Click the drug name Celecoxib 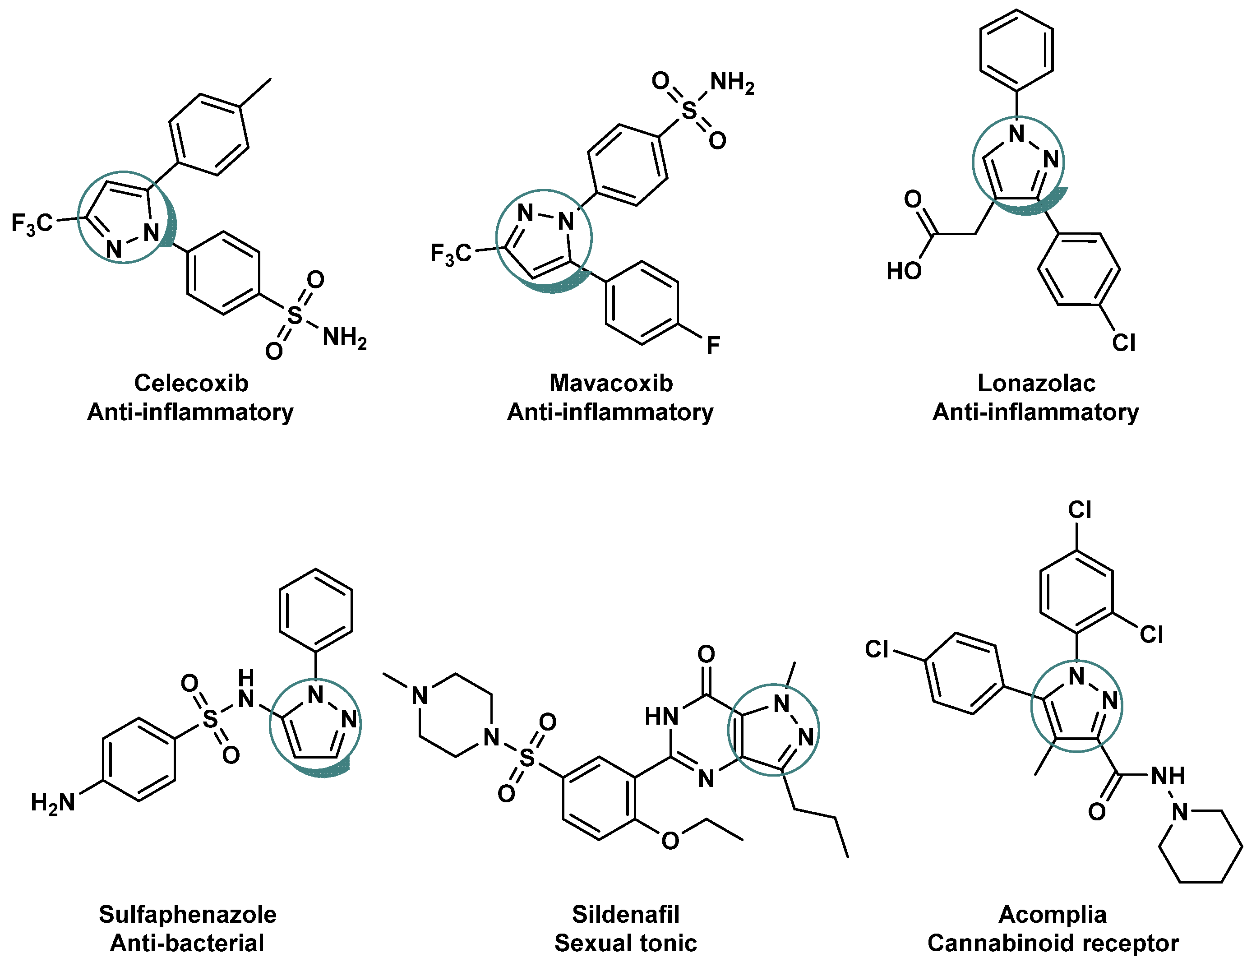pos(191,383)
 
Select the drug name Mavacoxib pos(611,383)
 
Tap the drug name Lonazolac pos(1036,383)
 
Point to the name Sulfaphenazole pos(188,914)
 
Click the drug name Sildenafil pos(626,914)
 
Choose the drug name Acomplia pos(1053,914)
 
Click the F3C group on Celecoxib pos(32,224)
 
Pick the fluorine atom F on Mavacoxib pos(713,346)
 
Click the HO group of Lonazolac pos(904,271)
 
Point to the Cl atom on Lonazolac pos(1123,343)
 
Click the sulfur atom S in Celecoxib pos(295,315)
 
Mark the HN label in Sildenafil pos(661,717)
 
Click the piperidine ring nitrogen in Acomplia pos(1180,812)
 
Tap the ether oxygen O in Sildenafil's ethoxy pos(670,841)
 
